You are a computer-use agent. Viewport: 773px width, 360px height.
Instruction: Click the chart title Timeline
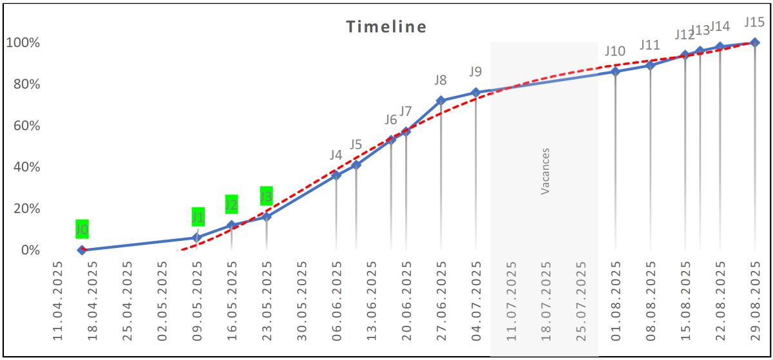tap(386, 27)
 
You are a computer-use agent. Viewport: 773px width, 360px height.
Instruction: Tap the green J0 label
tap(82, 229)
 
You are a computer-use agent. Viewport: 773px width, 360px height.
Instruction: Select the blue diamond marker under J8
tap(441, 100)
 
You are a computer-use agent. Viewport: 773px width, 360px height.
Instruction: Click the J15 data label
tap(754, 22)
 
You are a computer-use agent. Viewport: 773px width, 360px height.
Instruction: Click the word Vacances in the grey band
tap(545, 171)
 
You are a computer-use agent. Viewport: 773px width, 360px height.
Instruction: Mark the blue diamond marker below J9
tap(475, 92)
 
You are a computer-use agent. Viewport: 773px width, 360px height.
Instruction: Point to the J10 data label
tap(615, 52)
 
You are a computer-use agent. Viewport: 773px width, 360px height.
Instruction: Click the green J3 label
tap(267, 195)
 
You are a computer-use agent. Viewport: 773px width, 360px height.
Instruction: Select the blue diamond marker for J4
tap(336, 175)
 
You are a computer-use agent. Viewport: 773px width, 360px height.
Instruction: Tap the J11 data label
tap(650, 45)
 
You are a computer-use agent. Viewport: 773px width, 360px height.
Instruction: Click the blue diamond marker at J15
tap(755, 43)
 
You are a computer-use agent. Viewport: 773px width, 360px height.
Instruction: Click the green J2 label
tap(231, 204)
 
